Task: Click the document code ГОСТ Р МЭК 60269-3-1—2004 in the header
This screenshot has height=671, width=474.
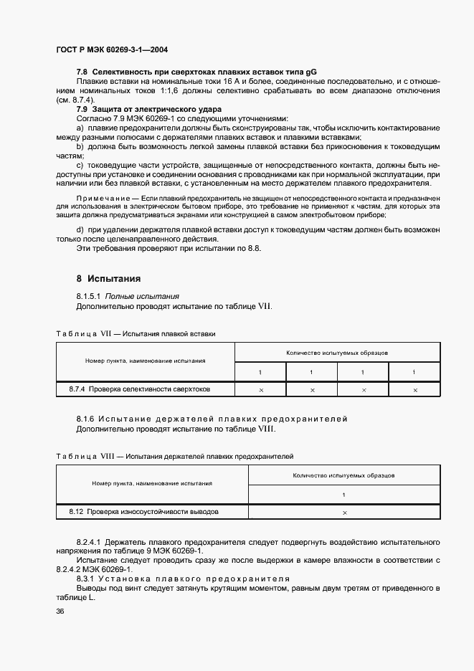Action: pyautogui.click(x=112, y=50)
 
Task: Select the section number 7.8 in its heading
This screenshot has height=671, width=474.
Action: pyautogui.click(x=82, y=73)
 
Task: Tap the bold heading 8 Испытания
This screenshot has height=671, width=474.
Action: pyautogui.click(x=108, y=278)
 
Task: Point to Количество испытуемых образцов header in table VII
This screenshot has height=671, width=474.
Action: pyautogui.click(x=337, y=353)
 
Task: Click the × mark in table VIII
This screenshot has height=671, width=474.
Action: pyautogui.click(x=344, y=513)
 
